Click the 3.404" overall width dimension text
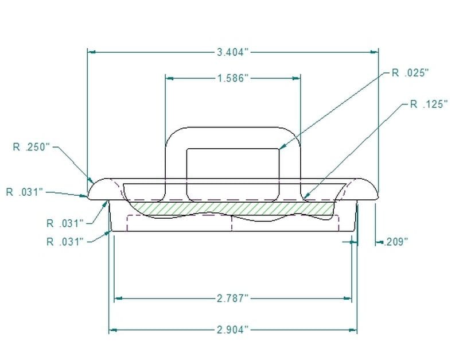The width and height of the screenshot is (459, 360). click(x=232, y=52)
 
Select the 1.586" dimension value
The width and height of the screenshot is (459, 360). click(x=232, y=78)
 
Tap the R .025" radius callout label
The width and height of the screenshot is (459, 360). click(x=410, y=72)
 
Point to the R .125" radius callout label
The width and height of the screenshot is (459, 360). click(x=428, y=104)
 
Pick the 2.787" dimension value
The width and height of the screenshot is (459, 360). click(x=232, y=299)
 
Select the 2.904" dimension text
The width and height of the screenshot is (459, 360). click(x=232, y=330)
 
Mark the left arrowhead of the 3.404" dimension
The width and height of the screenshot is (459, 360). click(x=91, y=52)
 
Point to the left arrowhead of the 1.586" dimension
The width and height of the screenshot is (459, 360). click(x=169, y=78)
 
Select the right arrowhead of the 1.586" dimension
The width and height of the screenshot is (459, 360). click(x=297, y=78)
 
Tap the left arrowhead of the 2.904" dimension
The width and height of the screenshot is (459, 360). click(x=112, y=330)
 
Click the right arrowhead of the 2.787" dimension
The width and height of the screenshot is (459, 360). click(x=348, y=299)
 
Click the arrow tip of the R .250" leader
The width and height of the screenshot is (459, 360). click(x=92, y=181)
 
